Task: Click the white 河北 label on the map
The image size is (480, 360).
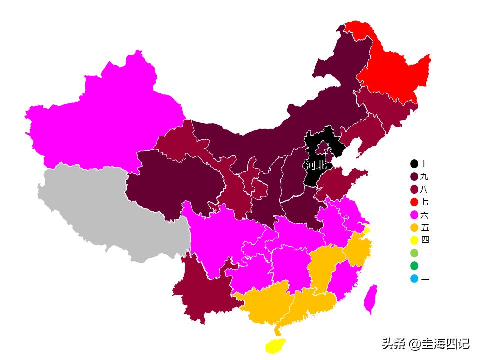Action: click(x=316, y=165)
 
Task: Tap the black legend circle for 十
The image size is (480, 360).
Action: click(x=414, y=164)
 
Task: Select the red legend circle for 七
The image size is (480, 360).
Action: click(x=414, y=202)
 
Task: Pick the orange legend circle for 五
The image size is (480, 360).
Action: click(x=414, y=228)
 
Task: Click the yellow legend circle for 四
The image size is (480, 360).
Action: click(x=414, y=240)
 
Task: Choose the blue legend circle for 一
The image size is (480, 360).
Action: click(x=414, y=279)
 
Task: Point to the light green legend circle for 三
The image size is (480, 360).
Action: click(x=414, y=253)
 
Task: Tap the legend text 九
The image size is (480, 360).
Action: click(x=425, y=177)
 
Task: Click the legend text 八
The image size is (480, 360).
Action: click(x=425, y=190)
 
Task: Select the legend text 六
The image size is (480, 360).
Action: click(x=425, y=215)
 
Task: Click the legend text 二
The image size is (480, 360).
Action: click(x=425, y=266)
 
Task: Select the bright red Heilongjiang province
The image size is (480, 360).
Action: click(x=395, y=70)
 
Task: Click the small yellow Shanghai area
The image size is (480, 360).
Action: click(x=367, y=230)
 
